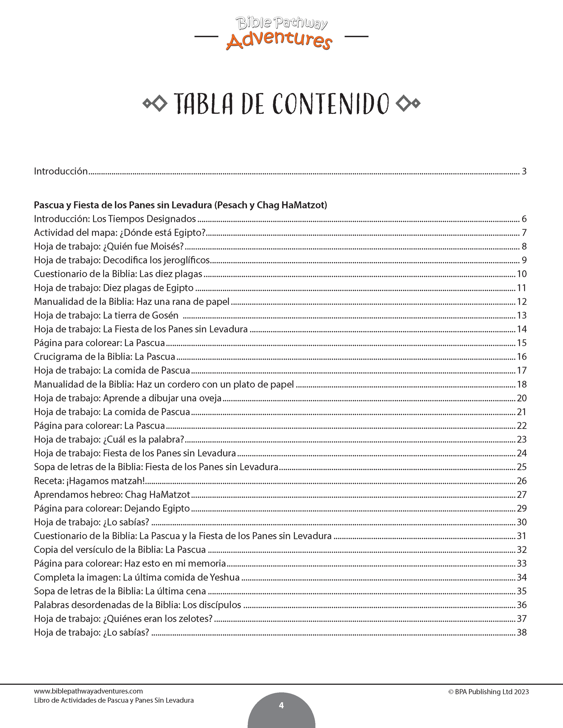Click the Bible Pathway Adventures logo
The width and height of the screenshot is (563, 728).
click(x=281, y=34)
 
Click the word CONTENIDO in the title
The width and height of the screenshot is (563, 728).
click(x=330, y=104)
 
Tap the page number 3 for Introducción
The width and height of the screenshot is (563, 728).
click(x=524, y=171)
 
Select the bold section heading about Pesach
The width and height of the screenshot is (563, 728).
click(x=180, y=205)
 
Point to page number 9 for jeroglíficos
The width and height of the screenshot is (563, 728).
click(x=524, y=260)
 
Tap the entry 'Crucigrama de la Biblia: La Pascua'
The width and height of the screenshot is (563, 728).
click(x=104, y=357)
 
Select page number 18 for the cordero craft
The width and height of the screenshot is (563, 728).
click(x=522, y=385)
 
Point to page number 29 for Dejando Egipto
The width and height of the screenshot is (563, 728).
click(x=522, y=508)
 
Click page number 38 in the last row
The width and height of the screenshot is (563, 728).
click(x=522, y=633)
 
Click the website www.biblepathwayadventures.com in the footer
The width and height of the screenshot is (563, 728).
click(x=88, y=691)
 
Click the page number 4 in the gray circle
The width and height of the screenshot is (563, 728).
click(x=281, y=705)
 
